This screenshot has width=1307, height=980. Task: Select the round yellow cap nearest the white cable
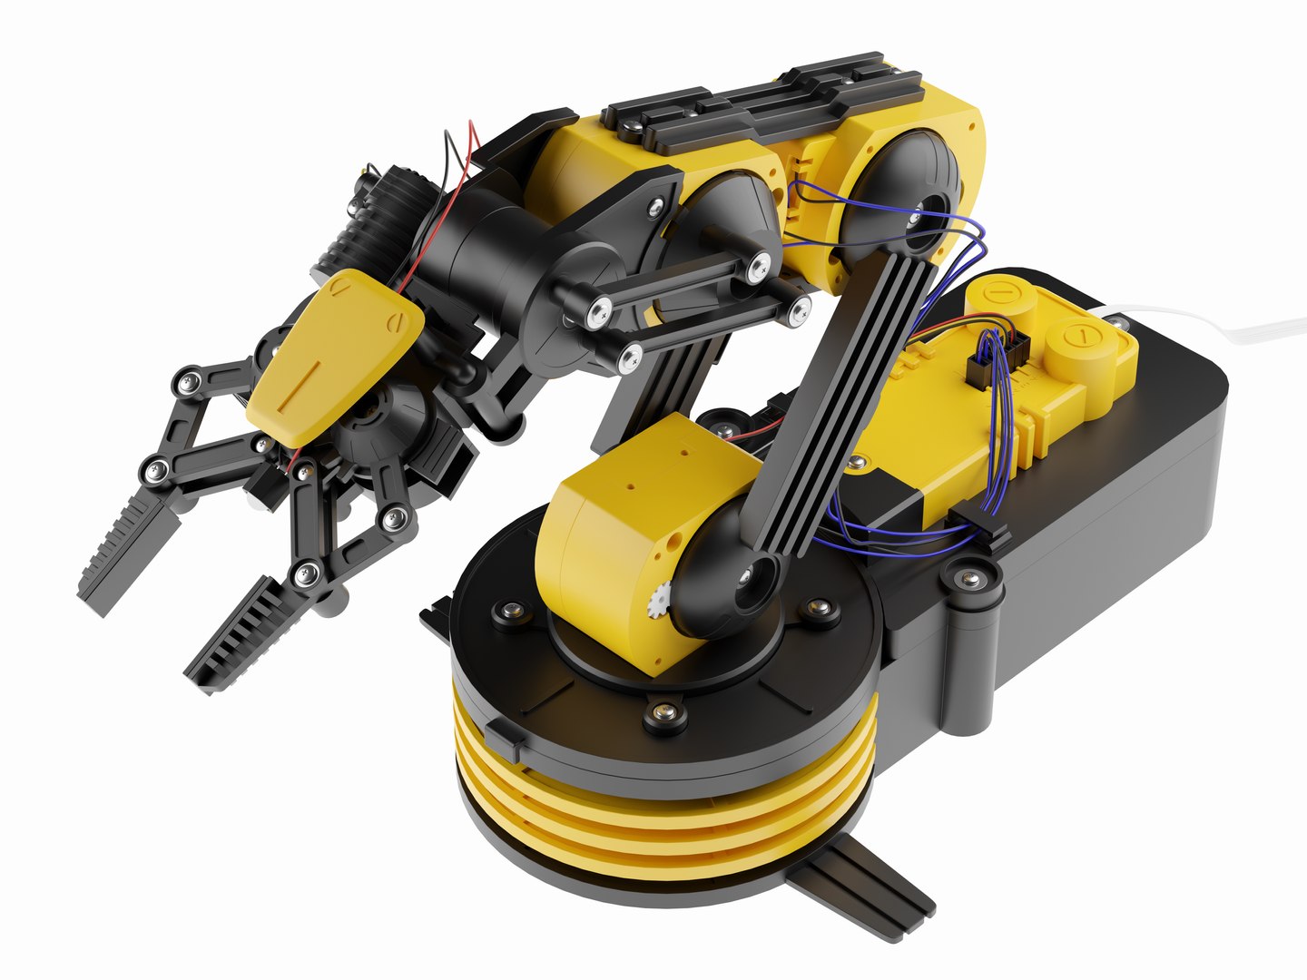pyautogui.click(x=1080, y=345)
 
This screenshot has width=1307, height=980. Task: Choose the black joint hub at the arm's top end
pyautogui.click(x=908, y=200)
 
